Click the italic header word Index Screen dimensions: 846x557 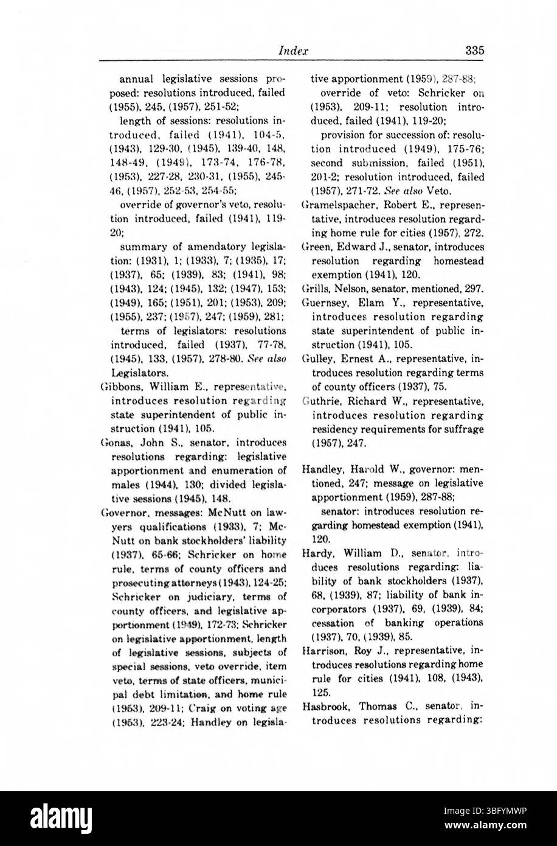click(292, 51)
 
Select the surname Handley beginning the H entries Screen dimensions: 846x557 click(323, 469)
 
